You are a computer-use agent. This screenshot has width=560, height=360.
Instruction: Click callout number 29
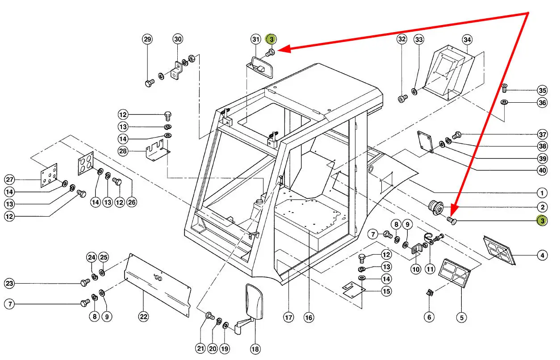[x=147, y=39]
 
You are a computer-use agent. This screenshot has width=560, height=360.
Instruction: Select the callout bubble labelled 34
[x=467, y=39]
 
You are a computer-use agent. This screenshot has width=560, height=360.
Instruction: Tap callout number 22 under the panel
[x=143, y=317]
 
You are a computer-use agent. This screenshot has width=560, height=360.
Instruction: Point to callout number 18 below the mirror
[x=255, y=349]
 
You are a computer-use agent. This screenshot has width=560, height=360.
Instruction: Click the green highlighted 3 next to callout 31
[x=271, y=39]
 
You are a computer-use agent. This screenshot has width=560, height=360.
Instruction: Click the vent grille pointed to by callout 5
[x=456, y=272]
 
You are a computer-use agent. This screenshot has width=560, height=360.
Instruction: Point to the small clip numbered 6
[x=430, y=293]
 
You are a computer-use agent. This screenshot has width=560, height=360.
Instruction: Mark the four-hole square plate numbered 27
[x=50, y=177]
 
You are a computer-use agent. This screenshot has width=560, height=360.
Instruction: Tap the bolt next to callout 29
[x=149, y=83]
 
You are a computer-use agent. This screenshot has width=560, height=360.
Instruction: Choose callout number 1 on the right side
[x=542, y=193]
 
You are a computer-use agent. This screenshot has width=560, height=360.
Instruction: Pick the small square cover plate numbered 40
[x=425, y=141]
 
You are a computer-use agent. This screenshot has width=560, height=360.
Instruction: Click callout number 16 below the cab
[x=308, y=318]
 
